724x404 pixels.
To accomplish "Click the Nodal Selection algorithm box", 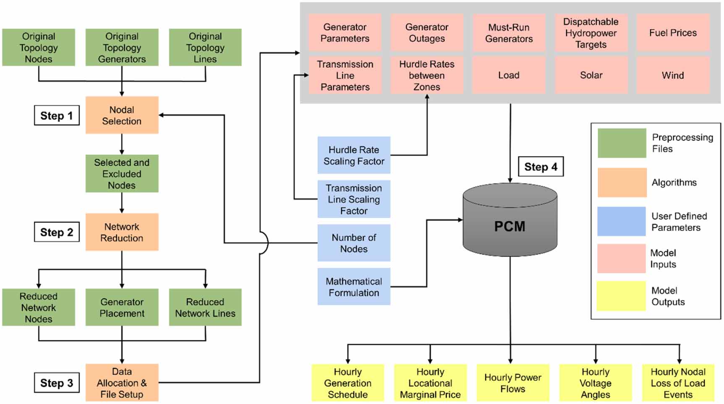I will [x=122, y=115].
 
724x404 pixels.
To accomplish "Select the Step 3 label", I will [x=57, y=383].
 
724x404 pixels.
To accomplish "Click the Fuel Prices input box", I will [x=673, y=33].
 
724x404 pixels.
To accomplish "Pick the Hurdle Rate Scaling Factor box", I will [x=354, y=155].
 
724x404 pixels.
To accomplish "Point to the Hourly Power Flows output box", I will [x=512, y=383].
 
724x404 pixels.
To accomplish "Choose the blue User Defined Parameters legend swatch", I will [x=621, y=221].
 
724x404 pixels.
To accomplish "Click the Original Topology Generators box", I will [x=122, y=47].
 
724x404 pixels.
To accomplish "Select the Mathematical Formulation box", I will [x=354, y=287].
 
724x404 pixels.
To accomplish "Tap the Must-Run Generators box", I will [x=509, y=33].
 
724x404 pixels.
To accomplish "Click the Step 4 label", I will [x=541, y=167].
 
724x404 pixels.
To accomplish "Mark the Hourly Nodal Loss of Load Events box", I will [x=678, y=383].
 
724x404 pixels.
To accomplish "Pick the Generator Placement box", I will [x=122, y=308].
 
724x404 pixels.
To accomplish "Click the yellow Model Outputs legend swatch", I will [x=621, y=296].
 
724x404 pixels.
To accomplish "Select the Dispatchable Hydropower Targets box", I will [x=591, y=33].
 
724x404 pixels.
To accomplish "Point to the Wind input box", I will [x=673, y=76].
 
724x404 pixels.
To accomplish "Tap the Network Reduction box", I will [x=122, y=232].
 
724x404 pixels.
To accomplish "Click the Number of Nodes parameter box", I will [x=354, y=243].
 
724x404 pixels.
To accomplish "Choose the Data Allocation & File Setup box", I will [x=122, y=383].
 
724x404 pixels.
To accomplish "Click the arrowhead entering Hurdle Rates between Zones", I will [x=427, y=97].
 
